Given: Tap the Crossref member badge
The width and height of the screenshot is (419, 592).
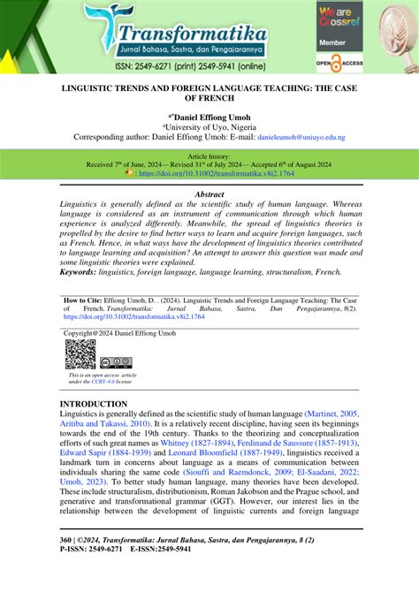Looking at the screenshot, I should click(x=340, y=21).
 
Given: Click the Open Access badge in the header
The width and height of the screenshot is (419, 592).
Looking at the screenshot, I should click(x=340, y=64).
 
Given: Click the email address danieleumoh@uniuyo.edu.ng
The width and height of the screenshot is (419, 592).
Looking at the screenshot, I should click(x=301, y=138).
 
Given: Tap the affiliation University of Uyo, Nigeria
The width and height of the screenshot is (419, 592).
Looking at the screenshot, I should click(x=209, y=127).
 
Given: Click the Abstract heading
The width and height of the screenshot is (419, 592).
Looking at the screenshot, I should click(x=209, y=193).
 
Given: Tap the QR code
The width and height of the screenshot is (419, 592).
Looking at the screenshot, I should click(x=80, y=355).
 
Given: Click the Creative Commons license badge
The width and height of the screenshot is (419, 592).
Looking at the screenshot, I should click(x=116, y=363).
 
